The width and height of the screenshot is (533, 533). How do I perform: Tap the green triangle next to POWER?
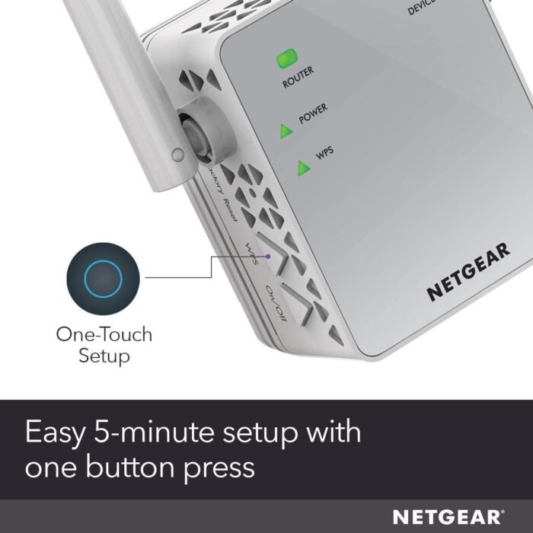(286, 132)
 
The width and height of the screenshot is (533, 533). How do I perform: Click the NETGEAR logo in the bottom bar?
(448, 517)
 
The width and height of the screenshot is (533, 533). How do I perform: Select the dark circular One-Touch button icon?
(103, 279)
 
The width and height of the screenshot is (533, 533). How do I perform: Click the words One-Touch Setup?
(104, 345)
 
